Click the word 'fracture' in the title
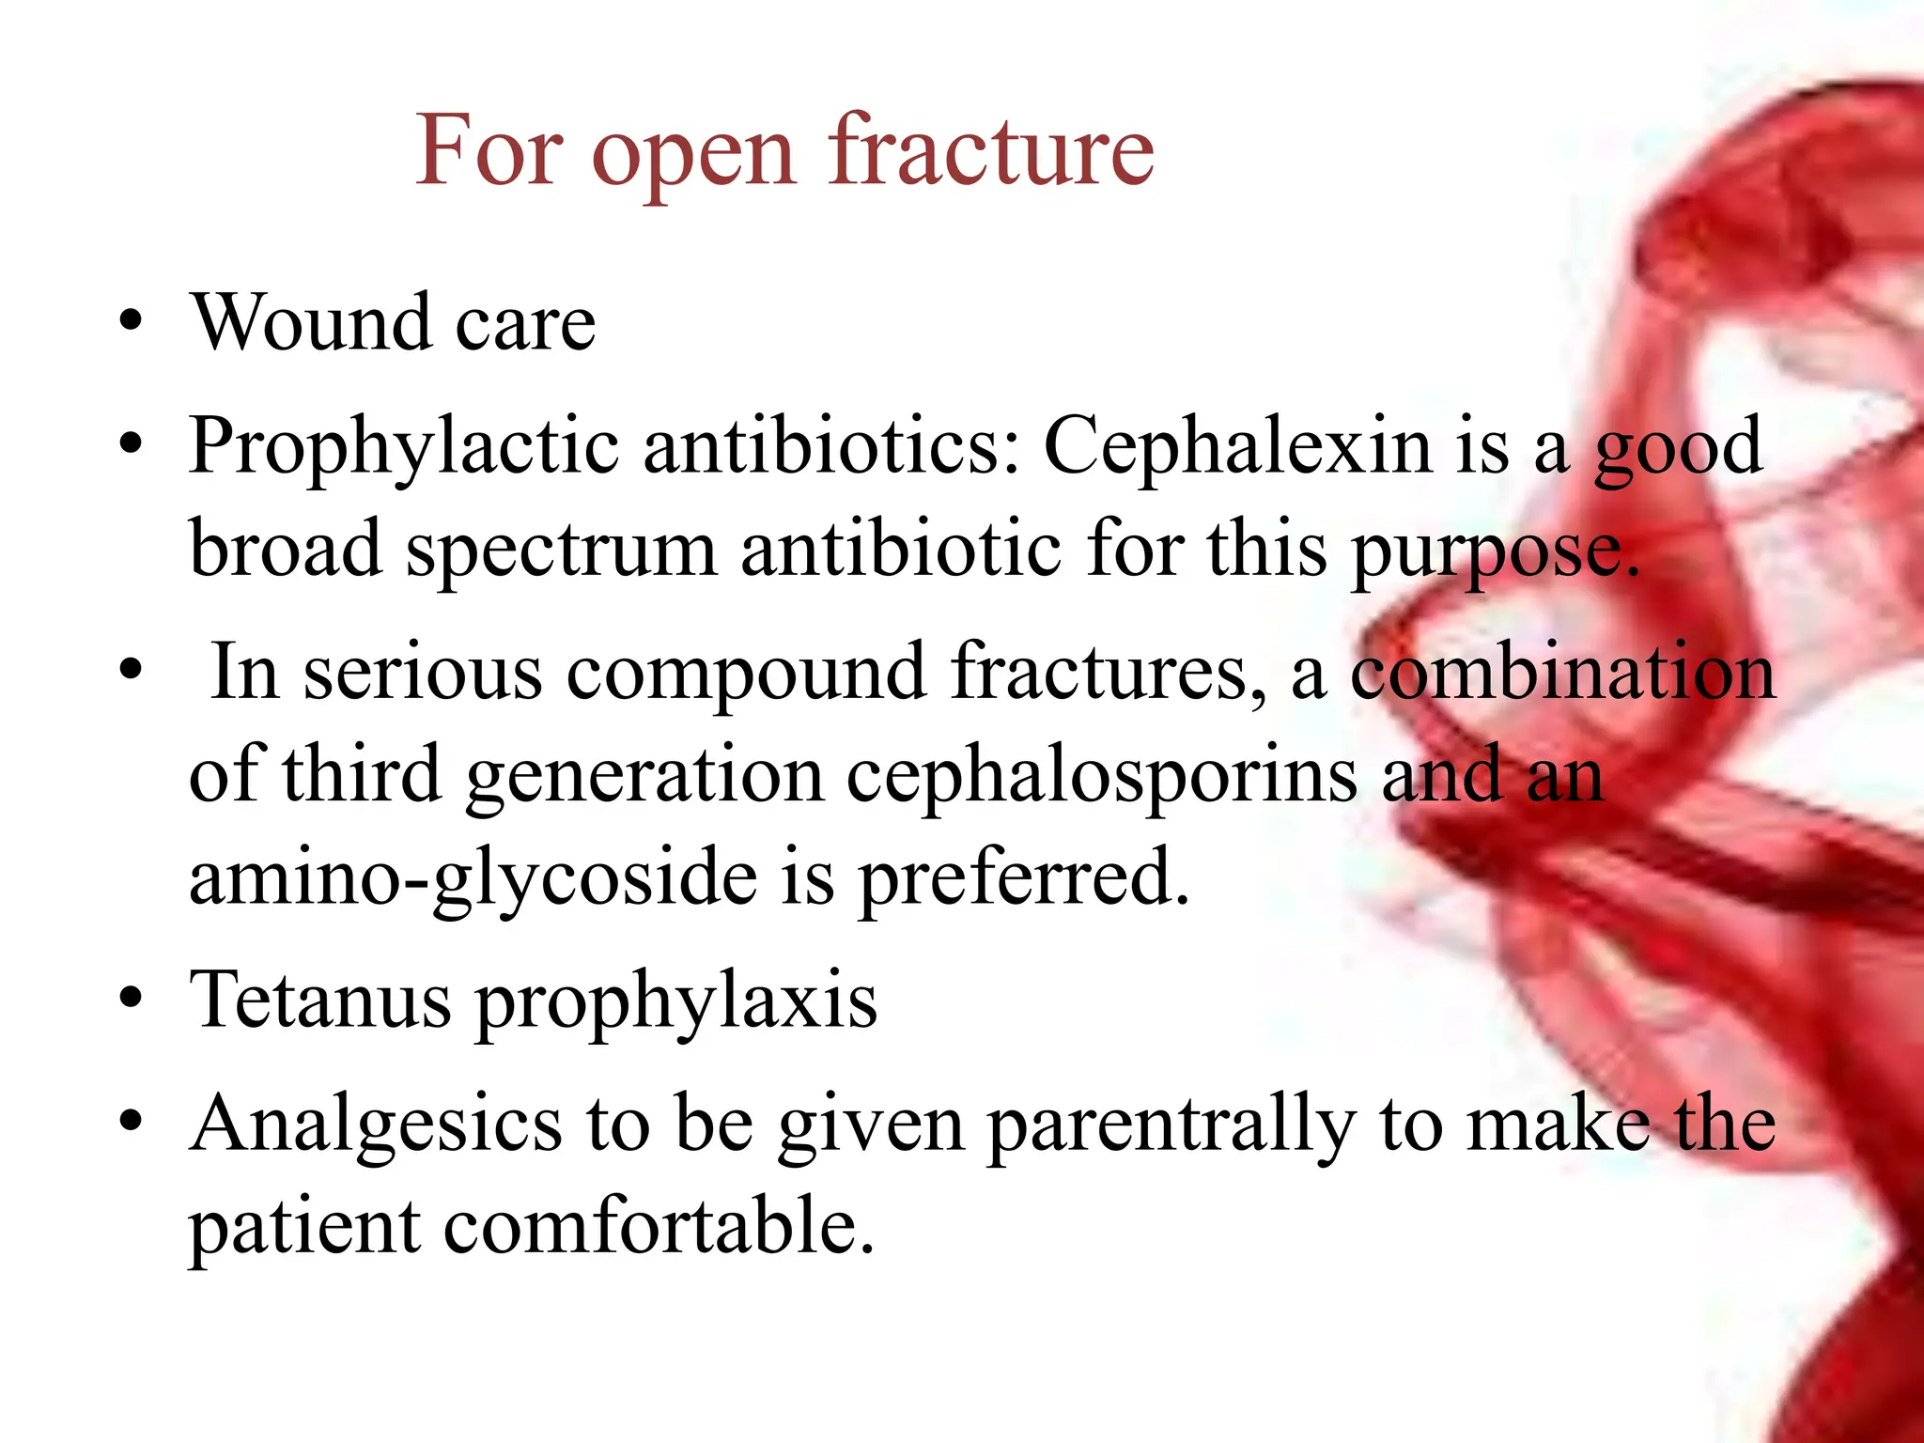(x=990, y=150)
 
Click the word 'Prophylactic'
(x=403, y=447)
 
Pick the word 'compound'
(x=746, y=673)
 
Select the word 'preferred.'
(x=1024, y=877)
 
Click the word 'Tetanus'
(x=319, y=1000)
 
